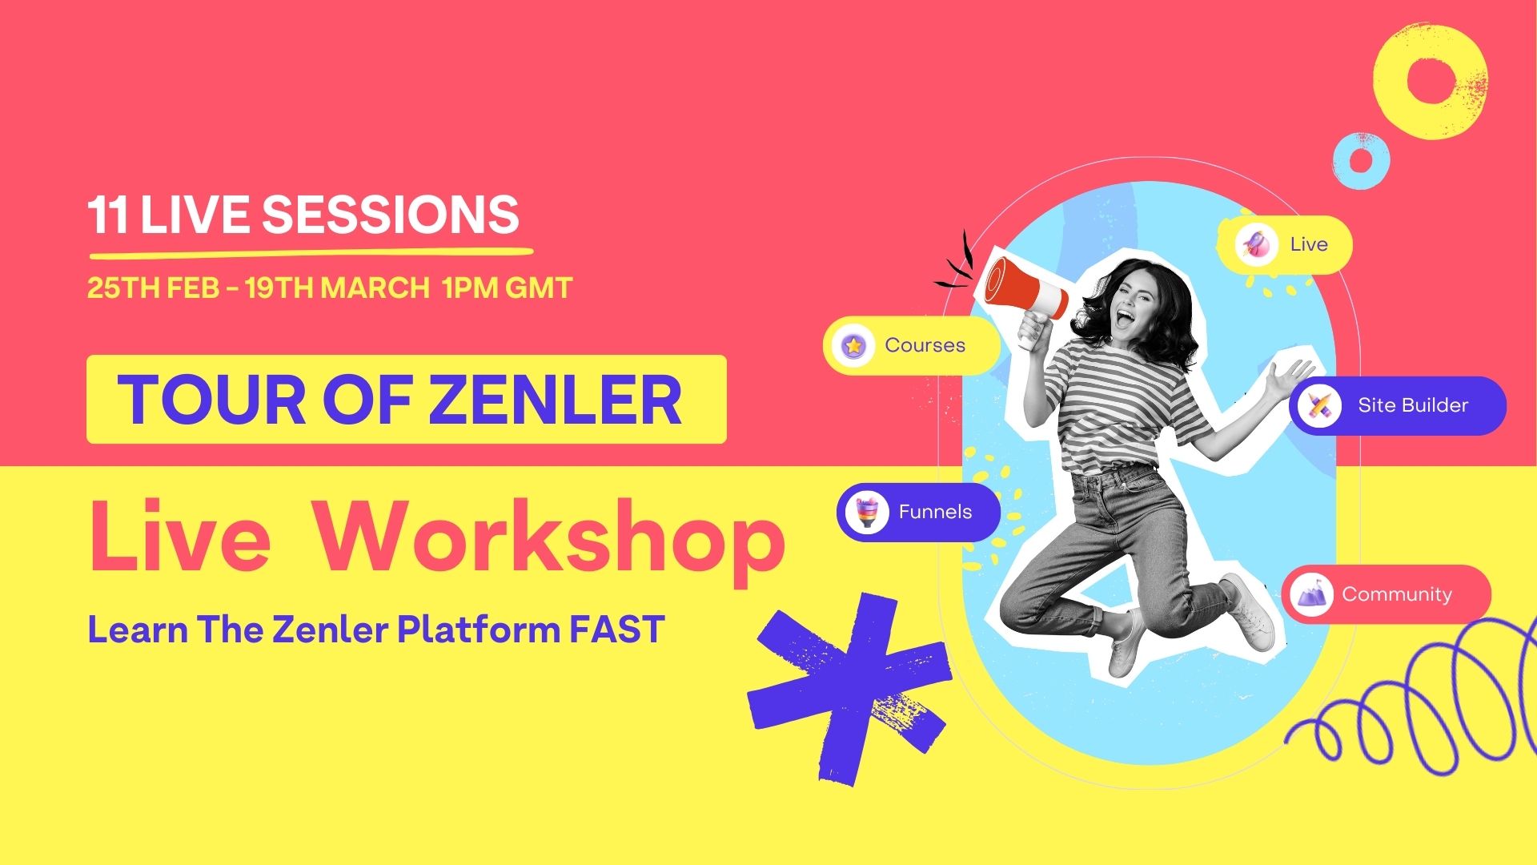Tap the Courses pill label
coord(925,345)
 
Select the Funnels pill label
coord(935,512)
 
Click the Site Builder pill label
coord(1412,405)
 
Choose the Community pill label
coord(1396,594)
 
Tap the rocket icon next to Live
coord(1256,244)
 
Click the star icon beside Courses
coord(853,346)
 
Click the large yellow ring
coord(1431,80)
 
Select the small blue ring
coord(1360,159)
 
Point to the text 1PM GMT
coord(507,288)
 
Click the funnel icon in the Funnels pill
coord(866,512)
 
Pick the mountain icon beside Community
coord(1311,594)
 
